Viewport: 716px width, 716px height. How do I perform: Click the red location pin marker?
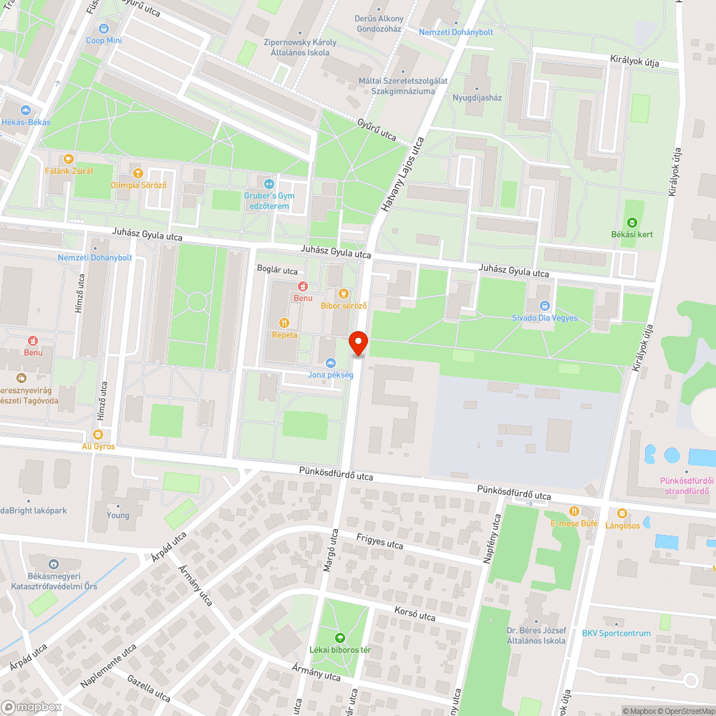pyautogui.click(x=357, y=343)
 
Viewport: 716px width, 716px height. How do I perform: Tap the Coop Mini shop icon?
pyautogui.click(x=105, y=29)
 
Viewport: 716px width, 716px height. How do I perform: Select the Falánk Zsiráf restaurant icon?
pyautogui.click(x=69, y=159)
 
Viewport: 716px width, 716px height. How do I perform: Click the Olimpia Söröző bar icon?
pyautogui.click(x=138, y=173)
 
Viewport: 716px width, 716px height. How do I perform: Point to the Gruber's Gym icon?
pyautogui.click(x=269, y=184)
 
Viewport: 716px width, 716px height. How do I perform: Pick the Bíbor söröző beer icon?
pyautogui.click(x=344, y=294)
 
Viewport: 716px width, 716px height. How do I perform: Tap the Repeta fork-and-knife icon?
pyautogui.click(x=284, y=323)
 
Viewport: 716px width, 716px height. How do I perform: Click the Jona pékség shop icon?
pyautogui.click(x=330, y=362)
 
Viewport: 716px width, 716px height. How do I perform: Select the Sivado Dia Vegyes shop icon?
pyautogui.click(x=544, y=306)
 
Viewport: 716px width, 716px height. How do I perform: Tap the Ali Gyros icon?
pyautogui.click(x=98, y=435)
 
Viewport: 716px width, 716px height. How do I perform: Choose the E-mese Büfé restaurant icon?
pyautogui.click(x=574, y=511)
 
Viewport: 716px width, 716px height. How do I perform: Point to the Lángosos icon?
pyautogui.click(x=621, y=513)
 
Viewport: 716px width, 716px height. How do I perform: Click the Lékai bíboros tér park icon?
pyautogui.click(x=339, y=637)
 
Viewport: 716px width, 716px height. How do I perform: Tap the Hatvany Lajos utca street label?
pyautogui.click(x=402, y=175)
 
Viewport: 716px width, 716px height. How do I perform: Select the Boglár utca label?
pyautogui.click(x=277, y=271)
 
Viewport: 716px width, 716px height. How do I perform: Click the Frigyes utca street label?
pyautogui.click(x=379, y=541)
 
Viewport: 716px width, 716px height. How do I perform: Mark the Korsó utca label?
pyautogui.click(x=415, y=614)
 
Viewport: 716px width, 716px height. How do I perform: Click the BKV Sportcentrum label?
pyautogui.click(x=616, y=634)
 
